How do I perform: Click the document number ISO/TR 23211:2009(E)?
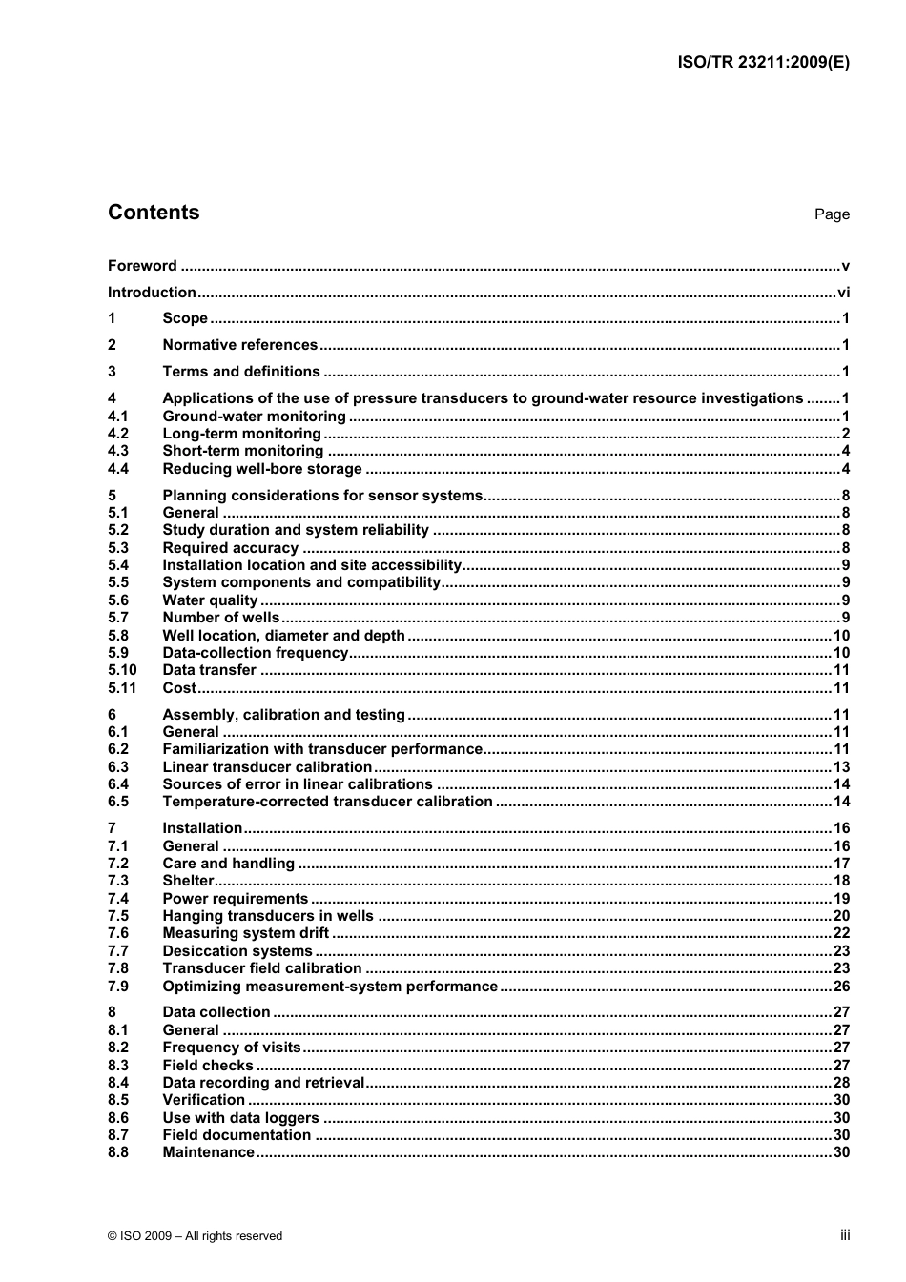(x=763, y=63)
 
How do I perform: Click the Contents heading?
(x=154, y=213)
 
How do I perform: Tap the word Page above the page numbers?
(x=832, y=214)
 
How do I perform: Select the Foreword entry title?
(x=142, y=266)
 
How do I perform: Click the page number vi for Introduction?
(x=843, y=293)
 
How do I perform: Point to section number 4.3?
(x=117, y=451)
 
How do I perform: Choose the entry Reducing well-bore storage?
(x=262, y=469)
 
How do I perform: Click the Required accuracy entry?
(x=231, y=548)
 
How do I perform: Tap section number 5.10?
(x=121, y=670)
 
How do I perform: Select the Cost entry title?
(x=179, y=688)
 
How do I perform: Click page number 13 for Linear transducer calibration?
(x=841, y=767)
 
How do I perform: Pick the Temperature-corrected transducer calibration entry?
(x=327, y=802)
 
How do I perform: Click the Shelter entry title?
(x=188, y=881)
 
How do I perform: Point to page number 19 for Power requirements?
(x=841, y=899)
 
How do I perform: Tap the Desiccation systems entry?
(x=237, y=951)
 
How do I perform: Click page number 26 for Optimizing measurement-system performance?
(x=841, y=987)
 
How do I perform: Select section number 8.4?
(x=117, y=1083)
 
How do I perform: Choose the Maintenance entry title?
(x=208, y=1152)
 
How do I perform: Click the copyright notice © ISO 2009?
(x=195, y=1236)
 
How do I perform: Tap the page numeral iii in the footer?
(x=844, y=1235)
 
